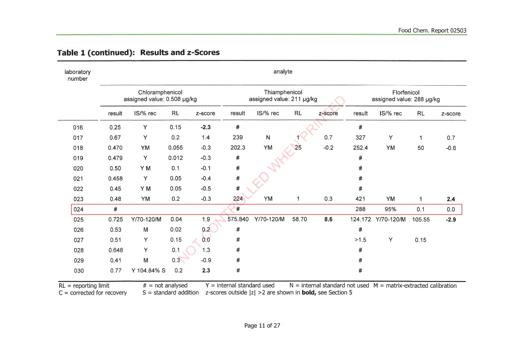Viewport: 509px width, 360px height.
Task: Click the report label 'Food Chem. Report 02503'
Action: pos(432,31)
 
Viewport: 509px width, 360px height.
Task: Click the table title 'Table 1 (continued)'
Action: pos(96,52)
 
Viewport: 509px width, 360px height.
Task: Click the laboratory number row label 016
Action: pos(78,127)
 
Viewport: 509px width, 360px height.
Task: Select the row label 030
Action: pos(78,271)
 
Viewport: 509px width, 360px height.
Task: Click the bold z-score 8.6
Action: pos(328,220)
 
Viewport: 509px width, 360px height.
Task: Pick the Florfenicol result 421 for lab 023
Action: pos(360,199)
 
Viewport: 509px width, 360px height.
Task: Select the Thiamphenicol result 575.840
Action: pos(238,220)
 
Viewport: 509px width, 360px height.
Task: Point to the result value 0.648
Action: pos(115,250)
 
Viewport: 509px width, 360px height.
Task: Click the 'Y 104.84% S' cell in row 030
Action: pos(148,271)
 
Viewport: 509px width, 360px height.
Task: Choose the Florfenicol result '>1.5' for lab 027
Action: pos(360,240)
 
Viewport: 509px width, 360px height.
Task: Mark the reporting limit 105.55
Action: pos(421,220)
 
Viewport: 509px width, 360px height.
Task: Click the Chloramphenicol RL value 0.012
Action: pos(175,158)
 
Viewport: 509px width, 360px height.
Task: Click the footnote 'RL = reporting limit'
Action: pos(84,286)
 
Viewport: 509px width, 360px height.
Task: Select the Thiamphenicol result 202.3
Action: pos(237,148)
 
